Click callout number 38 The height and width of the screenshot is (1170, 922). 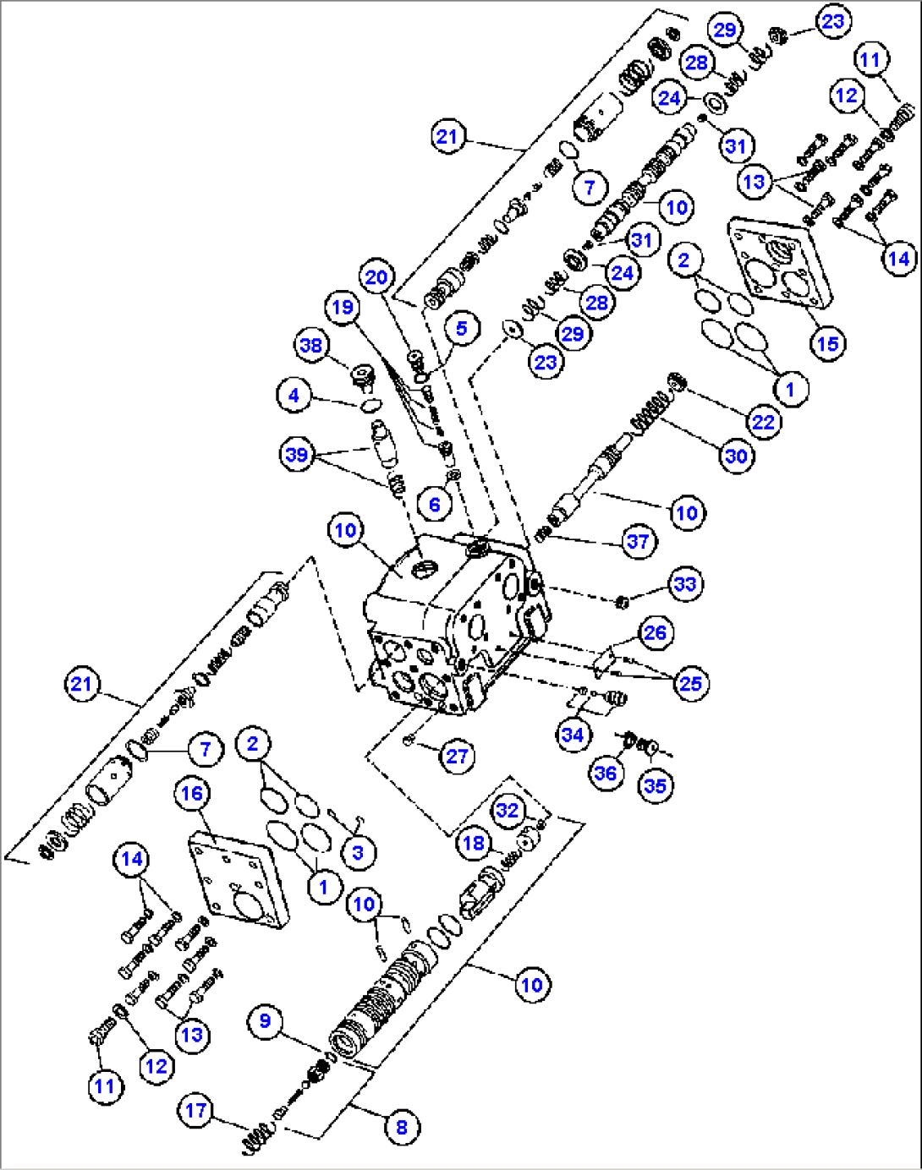(311, 345)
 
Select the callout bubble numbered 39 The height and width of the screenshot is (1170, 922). (296, 455)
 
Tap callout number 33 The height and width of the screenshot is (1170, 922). (684, 584)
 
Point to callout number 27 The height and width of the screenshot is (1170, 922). (457, 756)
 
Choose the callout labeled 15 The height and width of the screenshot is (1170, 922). (827, 343)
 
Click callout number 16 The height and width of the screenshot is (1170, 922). (192, 793)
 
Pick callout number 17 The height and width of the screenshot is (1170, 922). (195, 1110)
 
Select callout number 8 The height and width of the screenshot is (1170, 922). (401, 1127)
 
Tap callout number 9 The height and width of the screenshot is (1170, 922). (265, 1021)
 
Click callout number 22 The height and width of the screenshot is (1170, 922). (763, 421)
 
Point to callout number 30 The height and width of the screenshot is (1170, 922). (736, 457)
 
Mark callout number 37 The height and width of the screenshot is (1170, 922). (638, 541)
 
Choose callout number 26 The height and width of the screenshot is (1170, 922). (656, 632)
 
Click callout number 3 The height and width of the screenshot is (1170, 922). (358, 852)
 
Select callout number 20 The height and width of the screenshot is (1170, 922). (376, 276)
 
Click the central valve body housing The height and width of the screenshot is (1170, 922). (453, 626)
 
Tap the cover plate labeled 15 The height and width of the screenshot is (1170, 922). (778, 262)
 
